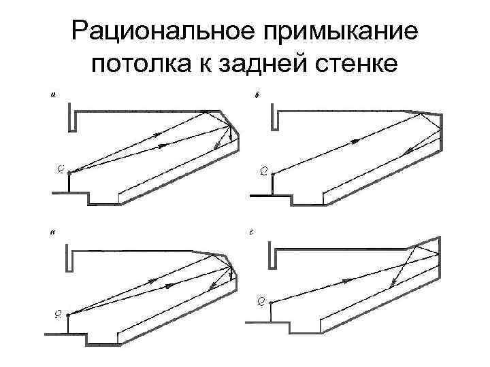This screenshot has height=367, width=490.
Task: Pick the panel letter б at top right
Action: pos(256,96)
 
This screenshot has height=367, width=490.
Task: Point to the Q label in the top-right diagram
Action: pos(264,169)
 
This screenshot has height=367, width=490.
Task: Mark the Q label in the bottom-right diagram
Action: pos(261,300)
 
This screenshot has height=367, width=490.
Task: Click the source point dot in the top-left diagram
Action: pos(69,171)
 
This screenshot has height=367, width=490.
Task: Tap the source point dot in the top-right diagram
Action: pos(273,174)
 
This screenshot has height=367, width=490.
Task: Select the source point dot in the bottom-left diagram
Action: pos(68,313)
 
